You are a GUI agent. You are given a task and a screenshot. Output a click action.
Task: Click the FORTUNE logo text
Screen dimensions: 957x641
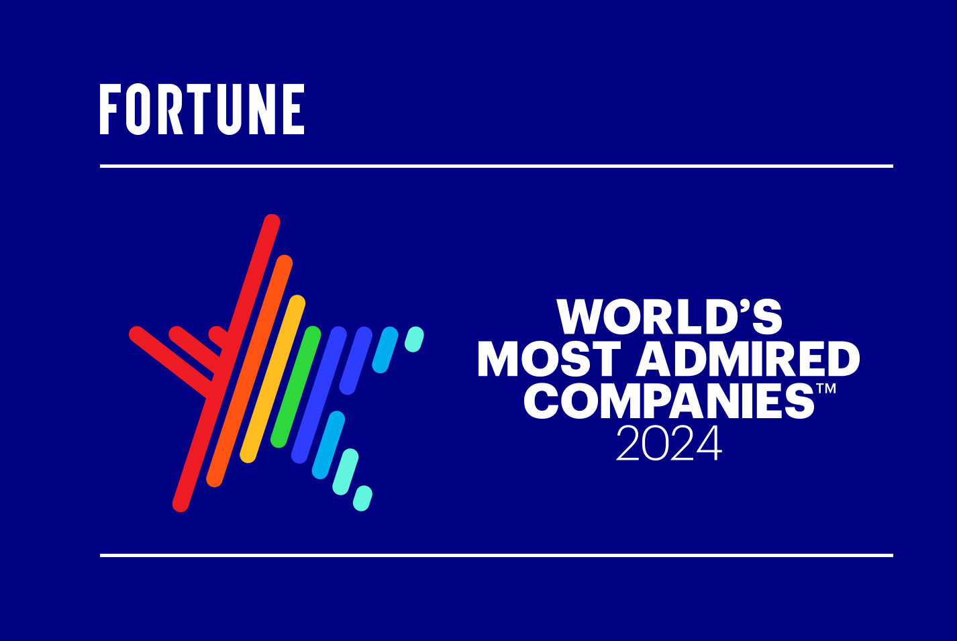(202, 109)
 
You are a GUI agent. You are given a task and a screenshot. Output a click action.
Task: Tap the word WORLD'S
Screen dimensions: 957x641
(670, 317)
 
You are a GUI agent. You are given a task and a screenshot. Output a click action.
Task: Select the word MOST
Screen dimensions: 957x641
(550, 358)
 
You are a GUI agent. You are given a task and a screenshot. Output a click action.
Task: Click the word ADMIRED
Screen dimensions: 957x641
(748, 358)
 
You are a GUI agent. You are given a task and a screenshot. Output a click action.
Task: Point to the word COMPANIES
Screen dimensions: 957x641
(670, 401)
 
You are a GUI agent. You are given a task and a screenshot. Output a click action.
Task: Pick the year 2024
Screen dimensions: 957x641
(669, 443)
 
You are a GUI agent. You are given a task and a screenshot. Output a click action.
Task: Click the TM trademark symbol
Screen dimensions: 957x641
(826, 389)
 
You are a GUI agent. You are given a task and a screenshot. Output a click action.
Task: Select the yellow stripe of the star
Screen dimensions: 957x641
(272, 379)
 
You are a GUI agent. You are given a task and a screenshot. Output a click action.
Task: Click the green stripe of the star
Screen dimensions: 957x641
(296, 387)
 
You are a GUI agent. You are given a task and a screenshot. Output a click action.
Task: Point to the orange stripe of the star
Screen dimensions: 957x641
(250, 371)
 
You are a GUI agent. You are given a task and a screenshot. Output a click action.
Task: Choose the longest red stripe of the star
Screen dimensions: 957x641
(226, 363)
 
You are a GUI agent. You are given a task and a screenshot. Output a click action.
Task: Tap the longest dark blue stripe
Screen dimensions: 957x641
(319, 395)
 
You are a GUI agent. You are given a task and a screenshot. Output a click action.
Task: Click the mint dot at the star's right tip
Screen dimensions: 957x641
(414, 340)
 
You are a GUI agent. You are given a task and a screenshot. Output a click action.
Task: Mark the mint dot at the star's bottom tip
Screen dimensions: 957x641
(362, 498)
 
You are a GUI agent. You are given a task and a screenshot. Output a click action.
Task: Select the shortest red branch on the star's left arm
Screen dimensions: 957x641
(219, 337)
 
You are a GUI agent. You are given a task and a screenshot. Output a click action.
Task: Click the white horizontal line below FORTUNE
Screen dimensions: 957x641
(497, 166)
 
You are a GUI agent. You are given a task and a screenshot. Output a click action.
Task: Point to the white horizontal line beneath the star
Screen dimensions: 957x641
(497, 556)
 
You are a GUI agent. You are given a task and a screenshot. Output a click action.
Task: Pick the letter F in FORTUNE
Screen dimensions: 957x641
(109, 109)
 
